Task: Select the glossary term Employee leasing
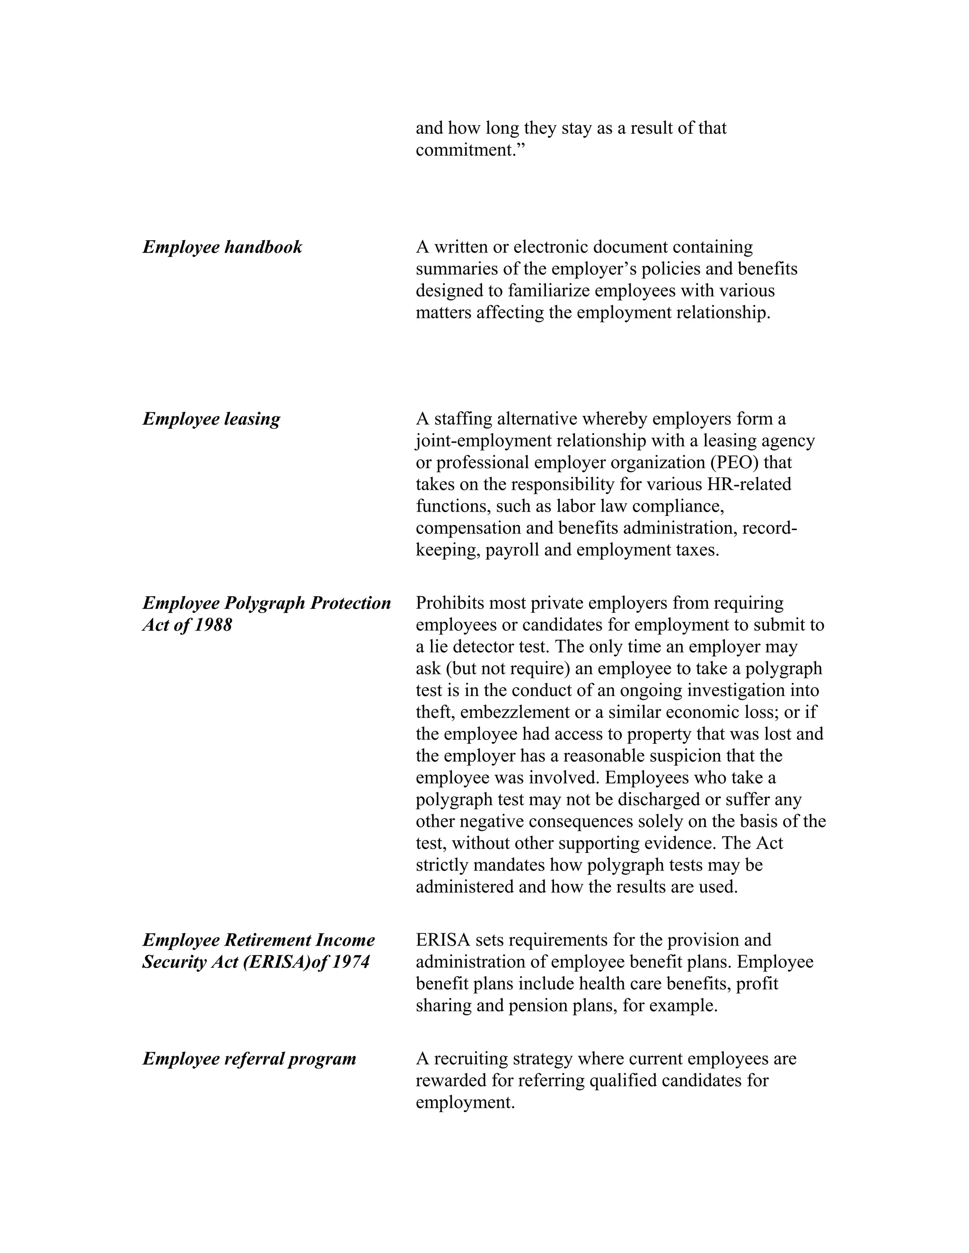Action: pyautogui.click(x=211, y=419)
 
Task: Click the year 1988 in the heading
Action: pyautogui.click(x=213, y=625)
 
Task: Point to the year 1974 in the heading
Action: pyautogui.click(x=351, y=962)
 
